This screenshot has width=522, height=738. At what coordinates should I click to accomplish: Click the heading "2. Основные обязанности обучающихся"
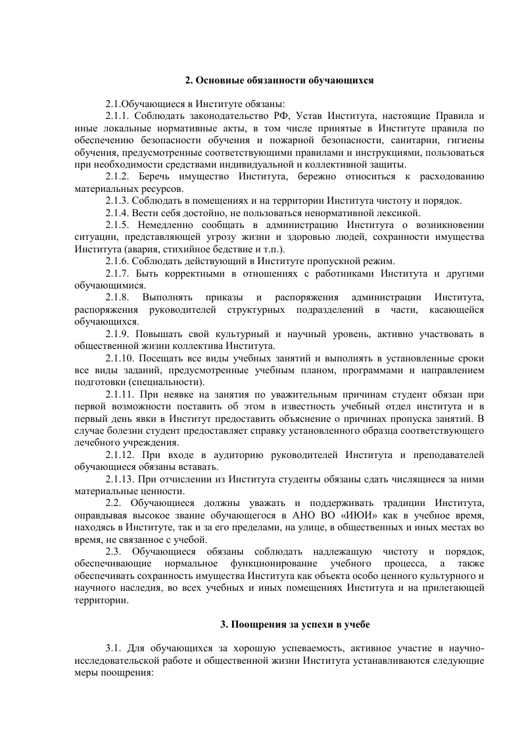279,80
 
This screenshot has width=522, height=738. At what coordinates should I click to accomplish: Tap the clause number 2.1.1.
120,116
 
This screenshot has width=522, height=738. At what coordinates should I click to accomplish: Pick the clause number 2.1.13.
122,479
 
